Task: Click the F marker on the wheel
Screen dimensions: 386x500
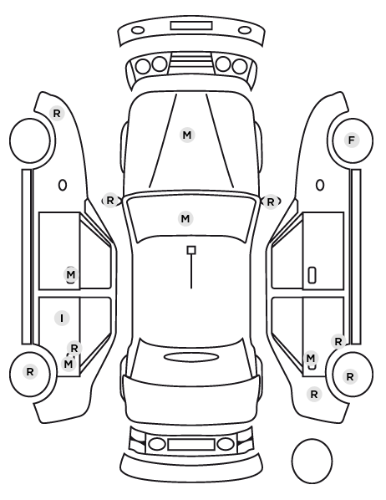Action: click(x=352, y=140)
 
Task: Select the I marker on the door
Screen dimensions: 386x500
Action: click(x=62, y=319)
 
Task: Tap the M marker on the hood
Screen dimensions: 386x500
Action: click(x=187, y=135)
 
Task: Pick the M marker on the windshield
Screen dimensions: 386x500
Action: click(x=185, y=219)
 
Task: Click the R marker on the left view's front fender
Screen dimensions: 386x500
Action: click(x=57, y=113)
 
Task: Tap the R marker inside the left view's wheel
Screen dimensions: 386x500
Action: click(x=30, y=371)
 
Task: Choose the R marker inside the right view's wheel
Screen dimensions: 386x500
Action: click(x=350, y=376)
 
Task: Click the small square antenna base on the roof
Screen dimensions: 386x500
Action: click(x=191, y=250)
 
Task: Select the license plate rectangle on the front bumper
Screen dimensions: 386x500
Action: click(x=191, y=26)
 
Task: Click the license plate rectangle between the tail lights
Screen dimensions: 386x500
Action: click(x=191, y=444)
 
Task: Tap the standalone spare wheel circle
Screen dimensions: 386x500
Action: click(x=312, y=461)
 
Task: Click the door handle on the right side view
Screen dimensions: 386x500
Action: click(x=312, y=275)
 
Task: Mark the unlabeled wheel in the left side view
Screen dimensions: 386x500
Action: click(x=30, y=140)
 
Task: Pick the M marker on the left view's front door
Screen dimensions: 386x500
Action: click(x=71, y=274)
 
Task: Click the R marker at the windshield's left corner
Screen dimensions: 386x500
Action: click(x=110, y=201)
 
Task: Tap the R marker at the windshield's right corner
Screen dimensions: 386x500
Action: click(x=271, y=202)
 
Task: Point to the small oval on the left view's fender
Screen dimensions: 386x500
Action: click(x=63, y=185)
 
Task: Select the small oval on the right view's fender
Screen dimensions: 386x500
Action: click(x=320, y=185)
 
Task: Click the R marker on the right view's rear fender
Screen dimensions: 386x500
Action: click(x=314, y=395)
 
